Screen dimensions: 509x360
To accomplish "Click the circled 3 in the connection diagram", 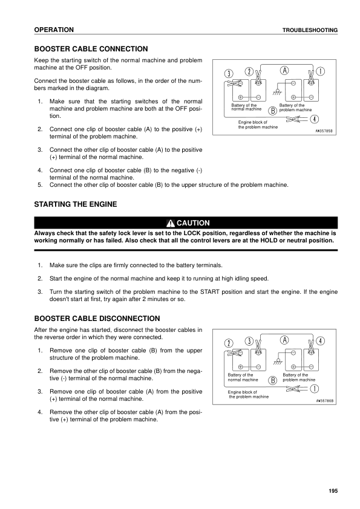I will point(228,73).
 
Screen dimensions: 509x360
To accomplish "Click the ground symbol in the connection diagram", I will point(278,92).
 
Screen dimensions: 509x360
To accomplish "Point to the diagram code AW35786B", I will point(324,400).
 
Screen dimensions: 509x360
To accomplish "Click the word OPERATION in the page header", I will point(54,30).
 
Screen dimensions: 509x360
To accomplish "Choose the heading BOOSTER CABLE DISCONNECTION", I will point(97,318).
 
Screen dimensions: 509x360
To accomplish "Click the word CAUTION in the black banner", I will point(192,223).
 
